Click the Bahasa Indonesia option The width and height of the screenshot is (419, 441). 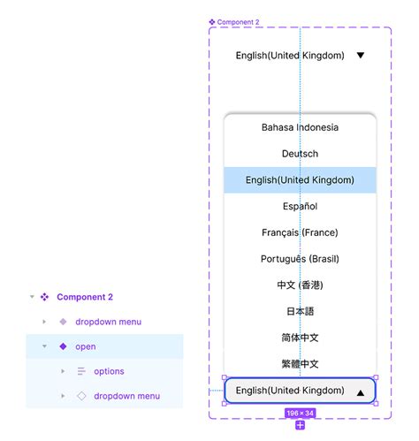tap(300, 127)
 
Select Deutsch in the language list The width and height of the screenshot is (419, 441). tap(300, 154)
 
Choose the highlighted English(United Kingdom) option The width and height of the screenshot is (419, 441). tap(300, 180)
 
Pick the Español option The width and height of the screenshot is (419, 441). tap(300, 206)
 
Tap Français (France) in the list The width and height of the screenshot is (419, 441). tap(300, 232)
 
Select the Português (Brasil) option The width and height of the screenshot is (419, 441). tap(300, 259)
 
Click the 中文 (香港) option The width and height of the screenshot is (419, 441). tap(300, 285)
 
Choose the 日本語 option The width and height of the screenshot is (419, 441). tap(300, 311)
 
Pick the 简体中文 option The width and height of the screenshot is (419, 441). tap(300, 338)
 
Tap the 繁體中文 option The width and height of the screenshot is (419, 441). tap(300, 364)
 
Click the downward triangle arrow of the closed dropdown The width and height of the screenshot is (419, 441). tap(361, 55)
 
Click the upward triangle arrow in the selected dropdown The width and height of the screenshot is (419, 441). tap(361, 392)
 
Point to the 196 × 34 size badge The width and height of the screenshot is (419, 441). tap(300, 413)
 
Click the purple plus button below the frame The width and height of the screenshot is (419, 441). tap(300, 425)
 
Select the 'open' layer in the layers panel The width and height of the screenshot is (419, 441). tap(86, 346)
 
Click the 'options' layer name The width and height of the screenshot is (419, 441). tap(109, 371)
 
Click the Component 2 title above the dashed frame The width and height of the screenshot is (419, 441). tap(238, 22)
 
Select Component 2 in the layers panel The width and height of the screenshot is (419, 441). tap(85, 297)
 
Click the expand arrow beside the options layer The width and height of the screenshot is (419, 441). tap(63, 371)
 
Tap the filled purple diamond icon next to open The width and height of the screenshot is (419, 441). tap(63, 346)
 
